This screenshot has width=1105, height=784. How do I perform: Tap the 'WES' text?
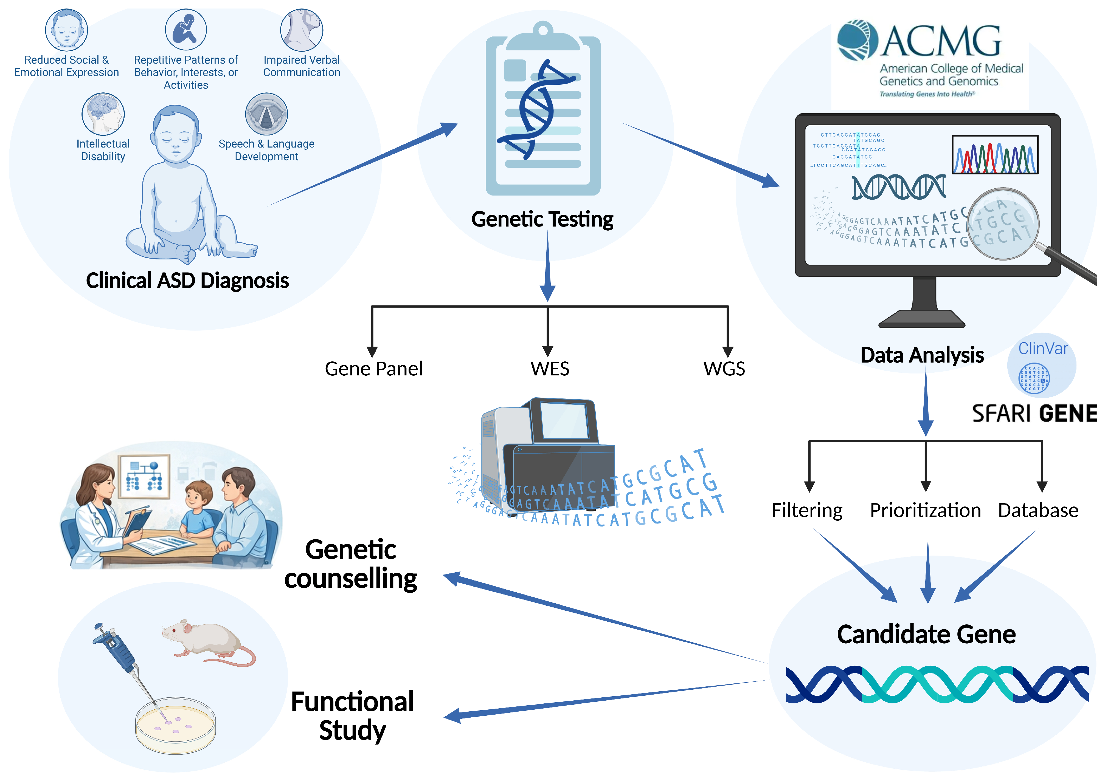pyautogui.click(x=550, y=369)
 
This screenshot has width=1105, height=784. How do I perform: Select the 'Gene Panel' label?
pyautogui.click(x=373, y=369)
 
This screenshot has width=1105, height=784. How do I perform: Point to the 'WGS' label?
pyautogui.click(x=724, y=369)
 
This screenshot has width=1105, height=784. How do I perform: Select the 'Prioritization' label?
pyautogui.click(x=925, y=510)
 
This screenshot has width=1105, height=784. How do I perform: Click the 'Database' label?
pyautogui.click(x=1038, y=510)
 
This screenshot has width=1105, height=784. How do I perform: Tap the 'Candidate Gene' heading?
pyautogui.click(x=926, y=634)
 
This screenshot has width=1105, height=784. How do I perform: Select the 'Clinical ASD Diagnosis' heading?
pyautogui.click(x=187, y=281)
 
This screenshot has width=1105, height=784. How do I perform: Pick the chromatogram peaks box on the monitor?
pyautogui.click(x=995, y=154)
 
